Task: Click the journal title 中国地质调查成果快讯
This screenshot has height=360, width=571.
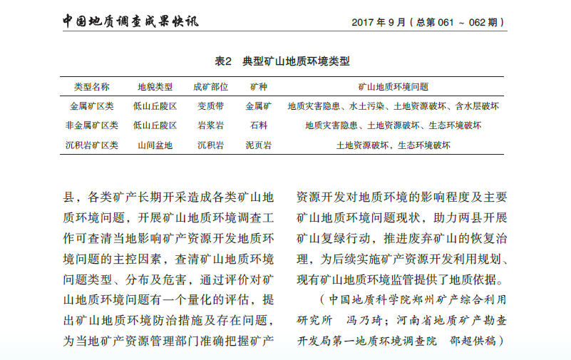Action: click(130, 21)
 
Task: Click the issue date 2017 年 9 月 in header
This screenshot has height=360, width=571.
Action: click(384, 22)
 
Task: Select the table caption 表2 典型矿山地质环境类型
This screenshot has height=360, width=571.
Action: click(282, 61)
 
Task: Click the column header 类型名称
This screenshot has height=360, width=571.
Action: click(91, 87)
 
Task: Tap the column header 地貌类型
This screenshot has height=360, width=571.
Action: click(155, 87)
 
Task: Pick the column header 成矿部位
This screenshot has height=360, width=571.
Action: click(210, 87)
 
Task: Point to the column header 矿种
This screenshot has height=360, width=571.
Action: click(259, 87)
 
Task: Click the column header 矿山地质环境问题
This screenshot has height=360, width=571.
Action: click(393, 87)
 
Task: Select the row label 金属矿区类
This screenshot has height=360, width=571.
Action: click(92, 106)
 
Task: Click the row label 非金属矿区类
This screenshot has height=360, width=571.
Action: click(92, 125)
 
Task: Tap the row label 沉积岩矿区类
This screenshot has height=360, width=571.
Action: click(92, 145)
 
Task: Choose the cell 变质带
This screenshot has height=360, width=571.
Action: click(210, 106)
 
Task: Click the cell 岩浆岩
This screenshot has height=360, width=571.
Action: click(210, 125)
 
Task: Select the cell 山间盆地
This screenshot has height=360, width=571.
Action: click(155, 145)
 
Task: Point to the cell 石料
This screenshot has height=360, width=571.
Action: click(259, 125)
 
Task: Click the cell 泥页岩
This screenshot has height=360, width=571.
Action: click(259, 145)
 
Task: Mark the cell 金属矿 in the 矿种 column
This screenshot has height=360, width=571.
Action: click(259, 106)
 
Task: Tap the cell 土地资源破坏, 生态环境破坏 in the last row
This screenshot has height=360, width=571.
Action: click(393, 145)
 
